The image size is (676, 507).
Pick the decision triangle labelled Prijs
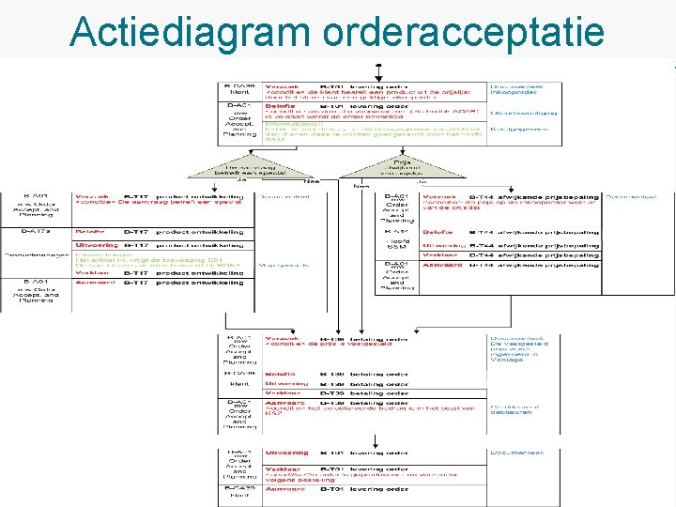point(377,167)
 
